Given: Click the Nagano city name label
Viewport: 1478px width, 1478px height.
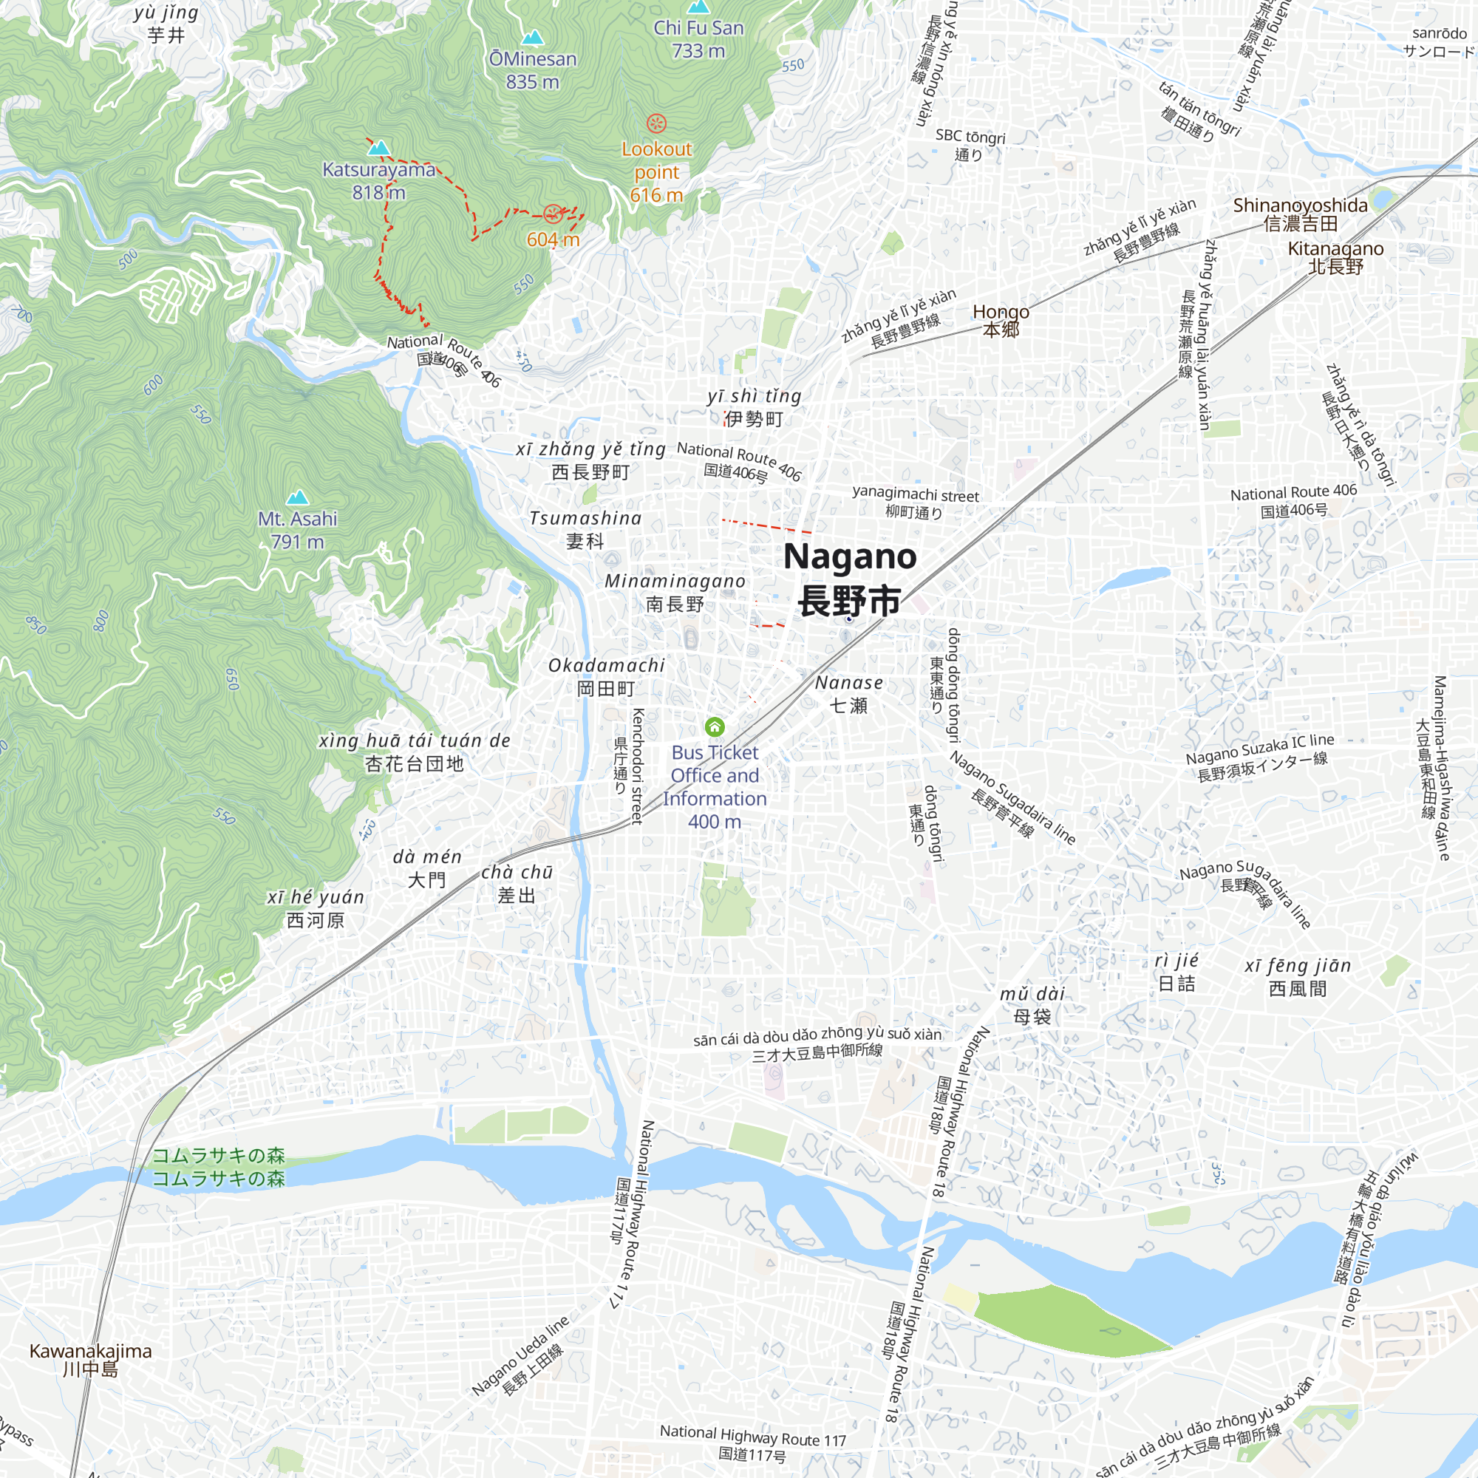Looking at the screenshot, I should pyautogui.click(x=850, y=579).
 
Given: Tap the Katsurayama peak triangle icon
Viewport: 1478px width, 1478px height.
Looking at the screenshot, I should pyautogui.click(x=378, y=148).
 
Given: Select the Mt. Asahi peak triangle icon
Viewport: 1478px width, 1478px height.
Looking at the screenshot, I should pyautogui.click(x=297, y=497).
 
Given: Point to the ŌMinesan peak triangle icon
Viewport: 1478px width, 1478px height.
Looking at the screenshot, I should pyautogui.click(x=532, y=37).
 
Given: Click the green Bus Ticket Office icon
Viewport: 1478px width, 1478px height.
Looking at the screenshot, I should pyautogui.click(x=715, y=726).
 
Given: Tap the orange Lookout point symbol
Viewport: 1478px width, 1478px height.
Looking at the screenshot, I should pyautogui.click(x=656, y=123).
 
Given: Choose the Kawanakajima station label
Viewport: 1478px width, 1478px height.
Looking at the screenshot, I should pyautogui.click(x=90, y=1360).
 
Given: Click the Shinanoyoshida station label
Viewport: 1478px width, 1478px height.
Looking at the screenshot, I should pyautogui.click(x=1301, y=214).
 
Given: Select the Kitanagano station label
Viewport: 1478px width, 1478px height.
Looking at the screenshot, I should pyautogui.click(x=1335, y=257).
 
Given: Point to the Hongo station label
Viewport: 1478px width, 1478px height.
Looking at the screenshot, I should pyautogui.click(x=1001, y=321).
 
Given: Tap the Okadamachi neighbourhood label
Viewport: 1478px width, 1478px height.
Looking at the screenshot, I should pyautogui.click(x=607, y=677).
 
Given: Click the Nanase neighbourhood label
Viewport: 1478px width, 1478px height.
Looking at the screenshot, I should pyautogui.click(x=849, y=694).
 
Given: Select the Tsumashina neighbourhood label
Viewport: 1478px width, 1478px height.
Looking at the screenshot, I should pyautogui.click(x=585, y=529).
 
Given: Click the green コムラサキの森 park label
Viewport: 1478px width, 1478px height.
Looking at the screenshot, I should pyautogui.click(x=219, y=1166).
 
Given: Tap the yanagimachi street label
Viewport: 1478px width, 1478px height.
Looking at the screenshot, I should pyautogui.click(x=916, y=503).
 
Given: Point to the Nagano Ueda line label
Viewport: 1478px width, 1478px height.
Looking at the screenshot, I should pyautogui.click(x=520, y=1357).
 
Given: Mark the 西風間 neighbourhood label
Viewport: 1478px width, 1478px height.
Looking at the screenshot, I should pyautogui.click(x=1298, y=977).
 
